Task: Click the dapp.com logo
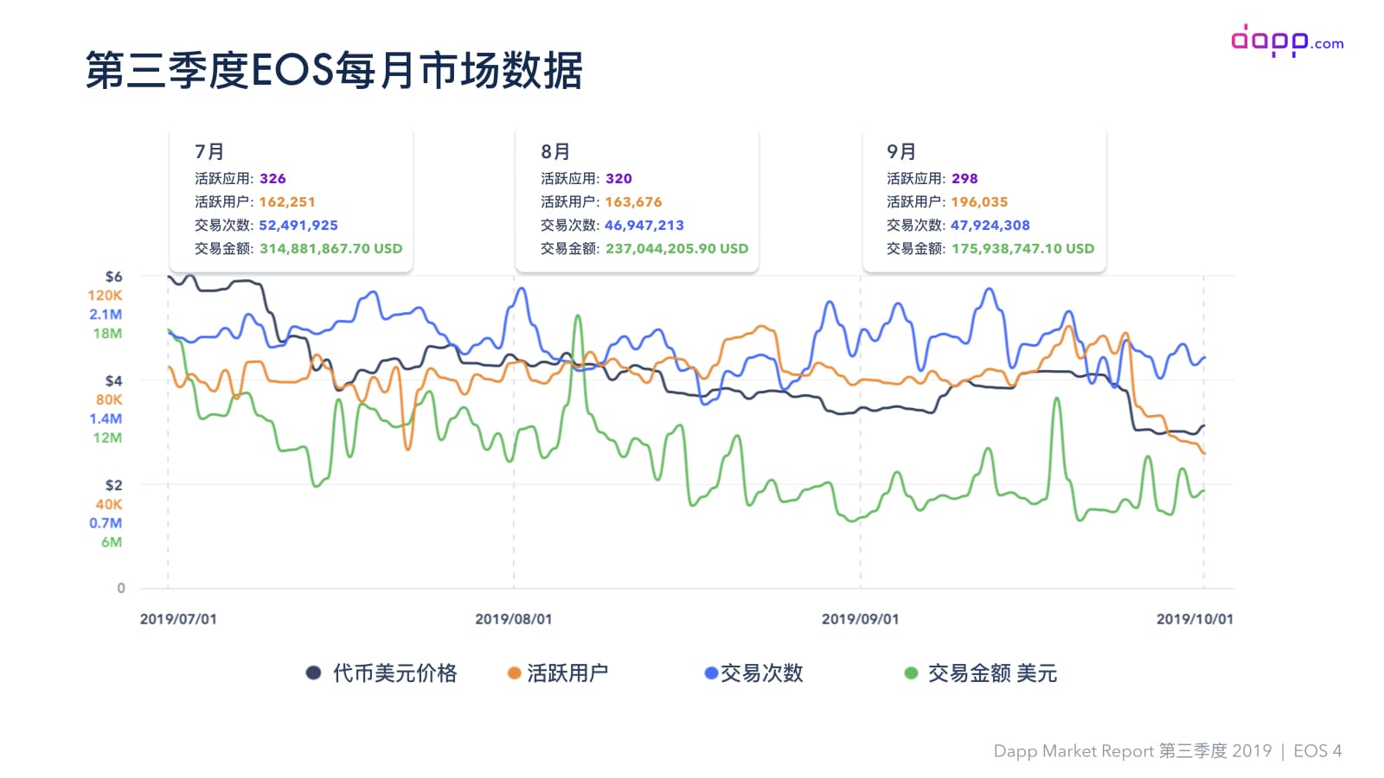(1286, 41)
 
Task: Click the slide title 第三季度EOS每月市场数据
(334, 70)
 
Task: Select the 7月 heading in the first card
(209, 151)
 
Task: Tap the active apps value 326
(272, 178)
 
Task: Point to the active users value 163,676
(633, 201)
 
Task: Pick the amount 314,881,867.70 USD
(331, 248)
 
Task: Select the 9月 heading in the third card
(901, 151)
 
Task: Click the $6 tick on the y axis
(113, 277)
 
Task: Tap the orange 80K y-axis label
(109, 399)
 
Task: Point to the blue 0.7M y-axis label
(106, 523)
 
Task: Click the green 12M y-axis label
(107, 437)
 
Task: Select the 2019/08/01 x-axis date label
(514, 619)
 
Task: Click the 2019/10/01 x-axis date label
(1195, 619)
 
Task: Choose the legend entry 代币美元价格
(394, 673)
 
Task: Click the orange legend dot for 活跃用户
(514, 673)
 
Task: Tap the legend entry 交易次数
(761, 673)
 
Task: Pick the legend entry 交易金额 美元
(992, 673)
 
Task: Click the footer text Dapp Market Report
(1073, 751)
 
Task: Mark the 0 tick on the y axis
(121, 588)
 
